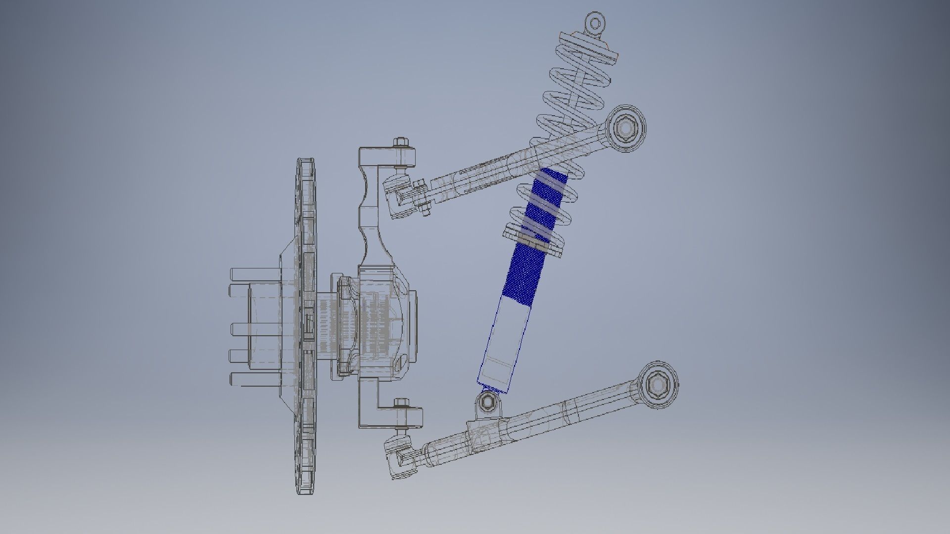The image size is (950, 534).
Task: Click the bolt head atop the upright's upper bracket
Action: pos(400,143)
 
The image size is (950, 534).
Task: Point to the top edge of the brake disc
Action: pos(306,161)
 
